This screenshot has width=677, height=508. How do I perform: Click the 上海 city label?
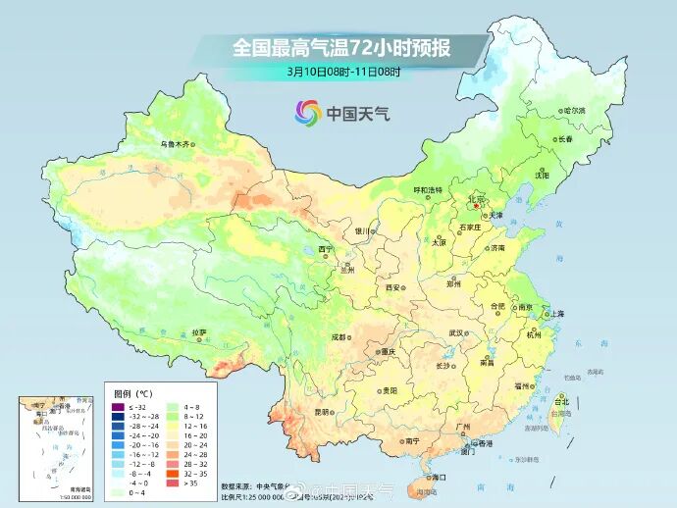click(556, 314)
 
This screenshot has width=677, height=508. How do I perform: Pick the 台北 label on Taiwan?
click(562, 401)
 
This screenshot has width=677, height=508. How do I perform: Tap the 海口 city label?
click(437, 477)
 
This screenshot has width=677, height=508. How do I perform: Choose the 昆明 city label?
click(322, 412)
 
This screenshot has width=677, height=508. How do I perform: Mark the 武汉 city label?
click(455, 332)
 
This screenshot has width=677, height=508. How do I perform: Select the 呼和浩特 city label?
click(428, 189)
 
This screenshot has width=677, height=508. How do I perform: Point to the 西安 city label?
click(393, 287)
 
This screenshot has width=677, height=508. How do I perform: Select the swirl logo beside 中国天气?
click(308, 113)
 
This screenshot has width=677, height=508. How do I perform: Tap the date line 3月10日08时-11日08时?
click(344, 71)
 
